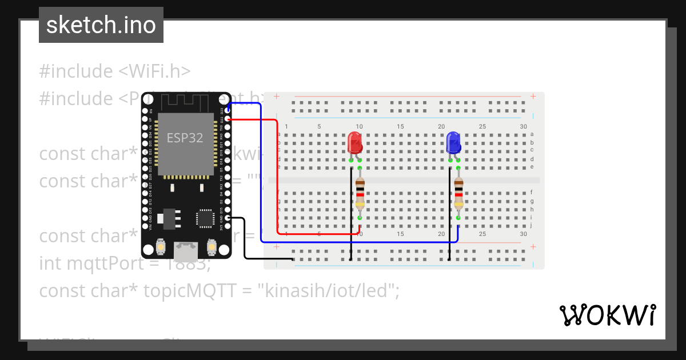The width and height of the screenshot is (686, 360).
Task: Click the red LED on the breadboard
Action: tap(355, 142)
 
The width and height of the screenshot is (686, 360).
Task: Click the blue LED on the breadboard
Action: tap(453, 142)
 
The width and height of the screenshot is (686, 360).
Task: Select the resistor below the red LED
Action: tap(360, 193)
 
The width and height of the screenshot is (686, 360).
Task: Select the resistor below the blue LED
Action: tap(458, 193)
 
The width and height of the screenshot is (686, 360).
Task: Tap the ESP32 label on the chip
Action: tap(185, 138)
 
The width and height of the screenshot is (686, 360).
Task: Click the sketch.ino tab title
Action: tap(101, 25)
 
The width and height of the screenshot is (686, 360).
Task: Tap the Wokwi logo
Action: tap(607, 315)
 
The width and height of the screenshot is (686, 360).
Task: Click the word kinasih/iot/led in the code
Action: tap(327, 291)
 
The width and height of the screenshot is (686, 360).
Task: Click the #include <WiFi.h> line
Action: tap(114, 71)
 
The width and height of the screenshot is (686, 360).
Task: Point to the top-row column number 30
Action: tap(524, 126)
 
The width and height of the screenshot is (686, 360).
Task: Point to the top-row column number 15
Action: tap(400, 126)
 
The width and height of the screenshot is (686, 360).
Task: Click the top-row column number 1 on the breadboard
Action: tap(286, 126)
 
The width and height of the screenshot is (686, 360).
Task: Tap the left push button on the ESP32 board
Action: tap(161, 247)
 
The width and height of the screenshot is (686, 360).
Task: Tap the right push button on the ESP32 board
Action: tap(212, 247)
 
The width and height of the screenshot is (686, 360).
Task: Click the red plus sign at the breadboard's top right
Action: tap(533, 96)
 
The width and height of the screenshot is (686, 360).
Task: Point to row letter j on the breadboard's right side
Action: tap(532, 225)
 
